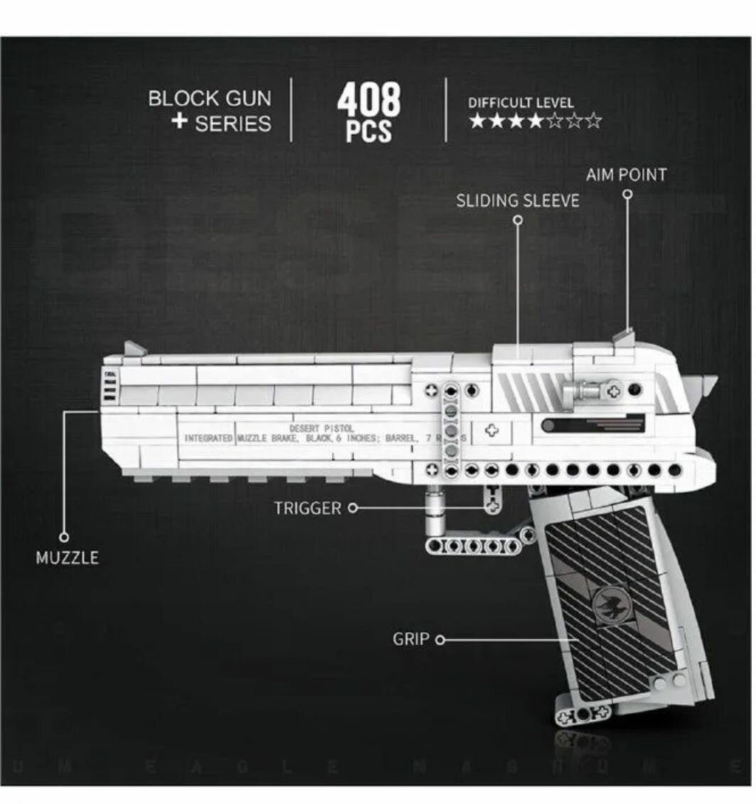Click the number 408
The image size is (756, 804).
pyautogui.click(x=368, y=100)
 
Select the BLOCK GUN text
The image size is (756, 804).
pyautogui.click(x=210, y=98)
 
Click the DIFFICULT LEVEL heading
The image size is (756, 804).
pyautogui.click(x=521, y=103)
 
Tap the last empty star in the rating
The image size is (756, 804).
pyautogui.click(x=594, y=121)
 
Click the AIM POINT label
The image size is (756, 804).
pyautogui.click(x=626, y=174)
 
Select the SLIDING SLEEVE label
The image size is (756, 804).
pyautogui.click(x=517, y=200)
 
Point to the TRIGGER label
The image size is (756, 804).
pyautogui.click(x=307, y=508)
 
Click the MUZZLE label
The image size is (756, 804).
pyautogui.click(x=67, y=558)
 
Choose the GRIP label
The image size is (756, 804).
pyautogui.click(x=411, y=639)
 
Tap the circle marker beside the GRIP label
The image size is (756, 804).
pyautogui.click(x=439, y=640)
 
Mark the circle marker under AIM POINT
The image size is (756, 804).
pyautogui.click(x=627, y=194)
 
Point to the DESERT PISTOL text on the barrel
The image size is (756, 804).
pyautogui.click(x=316, y=428)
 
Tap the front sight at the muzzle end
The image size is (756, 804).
pyautogui.click(x=134, y=349)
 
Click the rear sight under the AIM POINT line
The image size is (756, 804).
pyautogui.click(x=625, y=337)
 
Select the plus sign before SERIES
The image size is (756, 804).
pyautogui.click(x=179, y=121)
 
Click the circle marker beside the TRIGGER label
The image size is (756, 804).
pyautogui.click(x=353, y=508)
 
